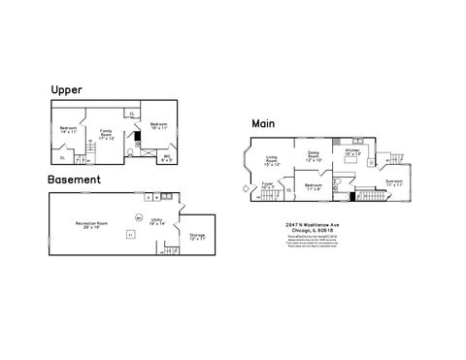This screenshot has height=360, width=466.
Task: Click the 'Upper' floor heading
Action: (x=67, y=89)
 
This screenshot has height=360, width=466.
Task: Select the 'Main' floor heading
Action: (x=262, y=123)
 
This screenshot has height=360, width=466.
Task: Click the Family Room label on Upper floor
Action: (x=107, y=133)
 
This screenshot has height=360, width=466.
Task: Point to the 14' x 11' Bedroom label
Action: (x=67, y=131)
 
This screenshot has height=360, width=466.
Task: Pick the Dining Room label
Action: (x=314, y=155)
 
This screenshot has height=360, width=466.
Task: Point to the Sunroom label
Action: (x=393, y=181)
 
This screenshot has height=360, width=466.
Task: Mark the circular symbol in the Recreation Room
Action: (x=139, y=217)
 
